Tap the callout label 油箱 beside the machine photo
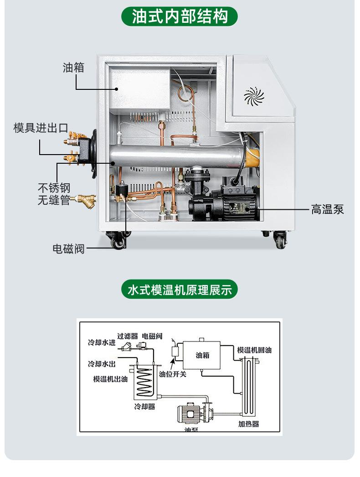point(73,67)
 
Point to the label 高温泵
point(327,209)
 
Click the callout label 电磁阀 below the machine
point(68,249)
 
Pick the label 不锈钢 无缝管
point(54,194)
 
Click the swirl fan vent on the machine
point(254,96)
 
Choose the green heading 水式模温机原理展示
point(180,290)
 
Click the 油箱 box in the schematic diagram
point(202,355)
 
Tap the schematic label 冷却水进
point(102,342)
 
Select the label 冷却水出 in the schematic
point(102,364)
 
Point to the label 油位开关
point(172,374)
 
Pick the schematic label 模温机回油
point(254,350)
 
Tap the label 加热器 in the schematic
point(248,424)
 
